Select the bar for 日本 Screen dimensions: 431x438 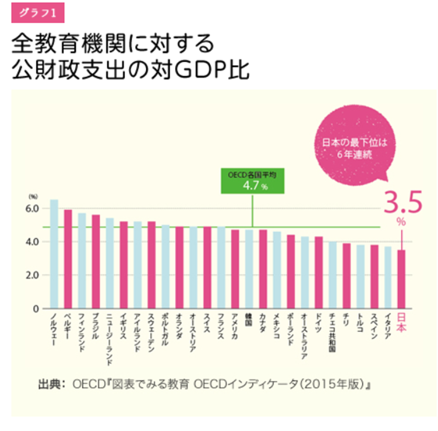point(402,279)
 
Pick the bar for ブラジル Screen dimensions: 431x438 point(96,261)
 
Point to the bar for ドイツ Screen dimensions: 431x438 point(318,272)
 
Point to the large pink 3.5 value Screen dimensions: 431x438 point(402,203)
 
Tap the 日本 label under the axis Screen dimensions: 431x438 point(402,322)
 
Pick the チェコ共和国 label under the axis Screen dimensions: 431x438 point(332,332)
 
